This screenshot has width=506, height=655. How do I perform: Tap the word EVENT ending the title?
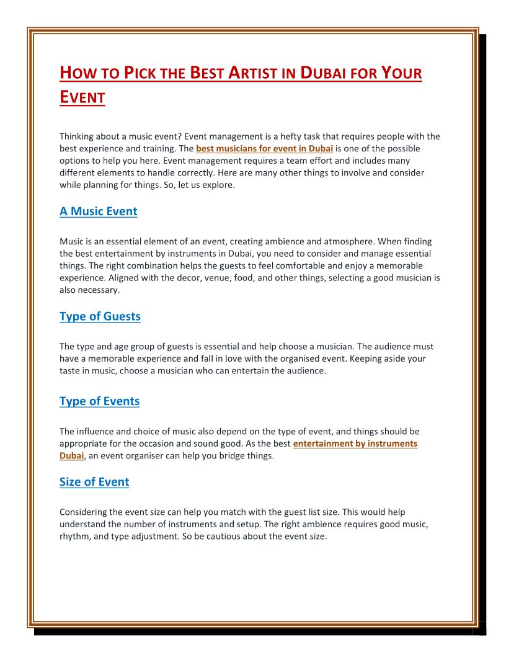click(x=82, y=97)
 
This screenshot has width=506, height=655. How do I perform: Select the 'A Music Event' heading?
click(x=98, y=212)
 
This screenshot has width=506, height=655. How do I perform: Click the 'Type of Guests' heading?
click(x=100, y=316)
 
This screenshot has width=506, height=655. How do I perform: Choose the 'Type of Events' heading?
click(x=99, y=401)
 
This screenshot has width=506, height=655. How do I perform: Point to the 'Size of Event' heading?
click(x=94, y=482)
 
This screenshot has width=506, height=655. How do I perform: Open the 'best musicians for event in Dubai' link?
click(x=265, y=149)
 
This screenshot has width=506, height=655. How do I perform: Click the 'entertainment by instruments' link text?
click(x=355, y=443)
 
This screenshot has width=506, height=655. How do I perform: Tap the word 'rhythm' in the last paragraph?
click(x=74, y=537)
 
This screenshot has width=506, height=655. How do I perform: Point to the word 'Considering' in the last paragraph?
click(x=83, y=512)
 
